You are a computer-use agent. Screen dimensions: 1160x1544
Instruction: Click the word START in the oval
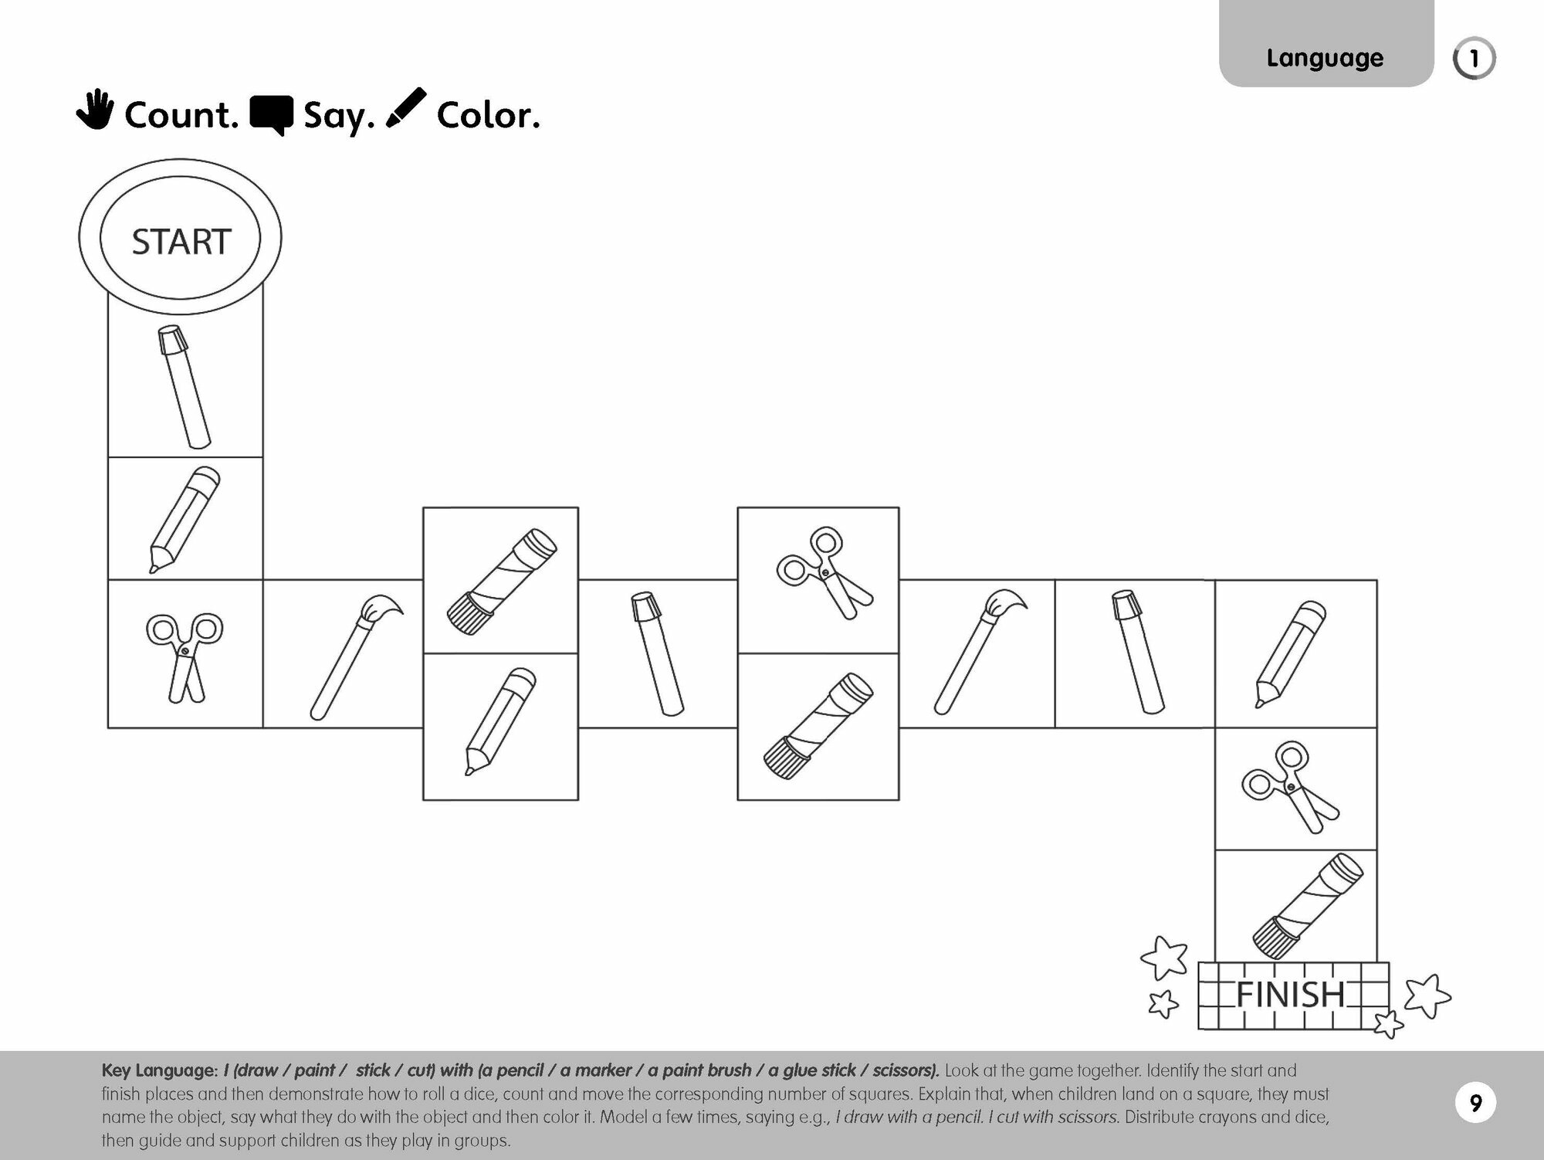181,242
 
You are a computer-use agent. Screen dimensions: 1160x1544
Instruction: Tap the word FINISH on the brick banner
1290,995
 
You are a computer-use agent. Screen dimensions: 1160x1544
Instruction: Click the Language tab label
1325,58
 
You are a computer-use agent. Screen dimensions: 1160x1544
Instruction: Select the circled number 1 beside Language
1474,59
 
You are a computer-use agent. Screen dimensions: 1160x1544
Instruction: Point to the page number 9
1475,1103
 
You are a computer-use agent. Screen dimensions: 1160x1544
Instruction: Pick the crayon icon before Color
406,108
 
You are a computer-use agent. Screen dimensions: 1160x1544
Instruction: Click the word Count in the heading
181,116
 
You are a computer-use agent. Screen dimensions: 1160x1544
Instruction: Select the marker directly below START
185,386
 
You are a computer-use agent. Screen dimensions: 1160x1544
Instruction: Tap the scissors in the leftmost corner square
185,655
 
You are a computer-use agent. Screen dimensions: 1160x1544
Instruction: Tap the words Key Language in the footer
159,1071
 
